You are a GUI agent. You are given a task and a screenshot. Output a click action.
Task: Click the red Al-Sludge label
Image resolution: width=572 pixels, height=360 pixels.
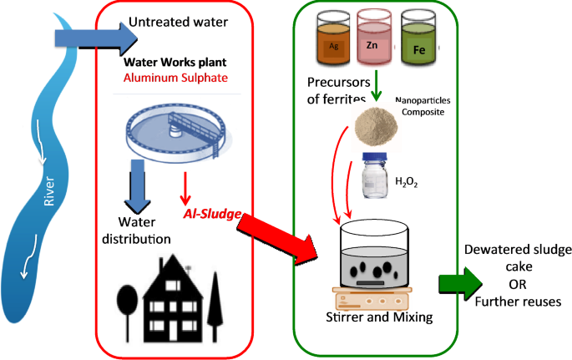pos(213,215)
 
